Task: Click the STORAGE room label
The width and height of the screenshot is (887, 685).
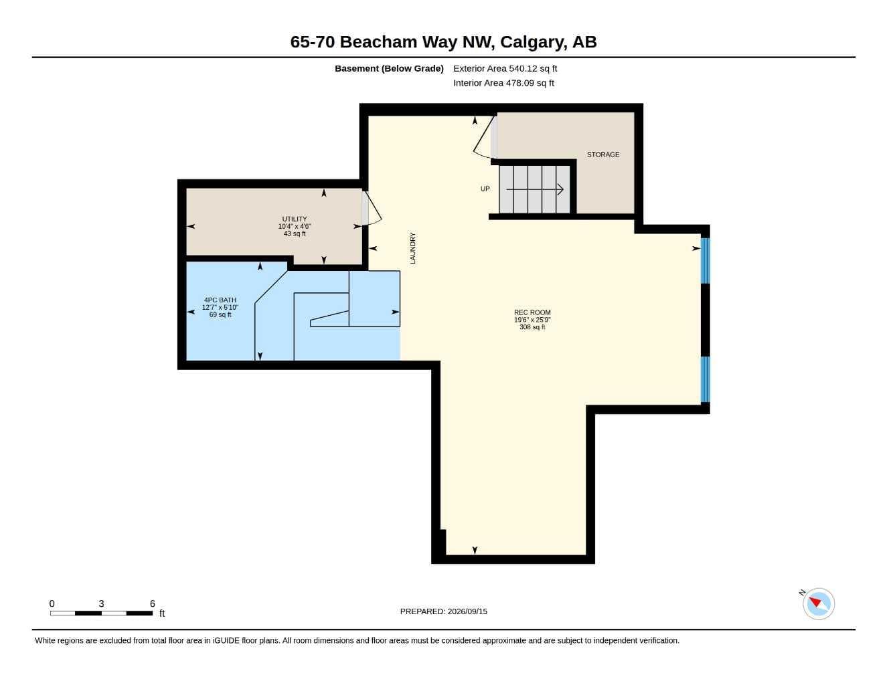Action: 603,155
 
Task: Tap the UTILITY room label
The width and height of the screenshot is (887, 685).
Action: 295,219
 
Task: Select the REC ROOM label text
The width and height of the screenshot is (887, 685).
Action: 532,312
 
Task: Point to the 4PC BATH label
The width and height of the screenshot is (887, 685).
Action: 220,300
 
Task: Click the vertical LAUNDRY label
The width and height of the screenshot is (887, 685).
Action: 412,248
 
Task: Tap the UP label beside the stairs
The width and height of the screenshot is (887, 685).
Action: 485,189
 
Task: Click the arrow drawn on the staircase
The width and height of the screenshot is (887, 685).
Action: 535,189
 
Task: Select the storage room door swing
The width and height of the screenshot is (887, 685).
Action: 485,137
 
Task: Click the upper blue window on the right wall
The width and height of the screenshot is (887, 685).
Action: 706,260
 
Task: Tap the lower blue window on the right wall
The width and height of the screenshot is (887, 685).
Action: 706,379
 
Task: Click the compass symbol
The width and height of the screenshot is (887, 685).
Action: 818,604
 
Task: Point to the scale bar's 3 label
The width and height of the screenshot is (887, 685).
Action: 101,603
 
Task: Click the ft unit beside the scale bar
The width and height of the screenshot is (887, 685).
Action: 162,613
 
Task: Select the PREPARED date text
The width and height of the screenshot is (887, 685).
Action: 444,611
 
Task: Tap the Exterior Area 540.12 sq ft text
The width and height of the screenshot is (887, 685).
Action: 505,68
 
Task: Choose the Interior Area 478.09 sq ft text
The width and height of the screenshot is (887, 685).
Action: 503,83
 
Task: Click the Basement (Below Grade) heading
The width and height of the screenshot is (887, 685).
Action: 389,68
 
